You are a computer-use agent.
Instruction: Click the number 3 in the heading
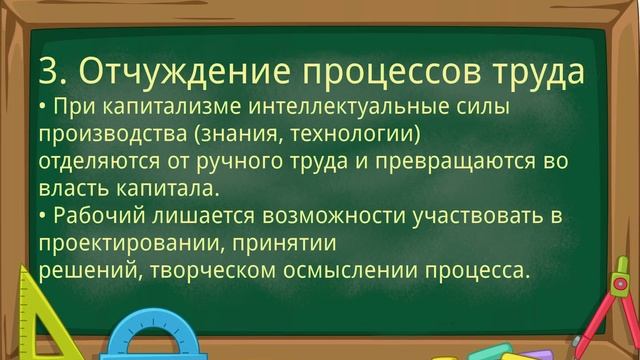pyautogui.click(x=48, y=71)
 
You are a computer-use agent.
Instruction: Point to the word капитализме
pyautogui.click(x=155, y=106)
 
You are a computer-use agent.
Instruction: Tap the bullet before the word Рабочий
pyautogui.click(x=44, y=215)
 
